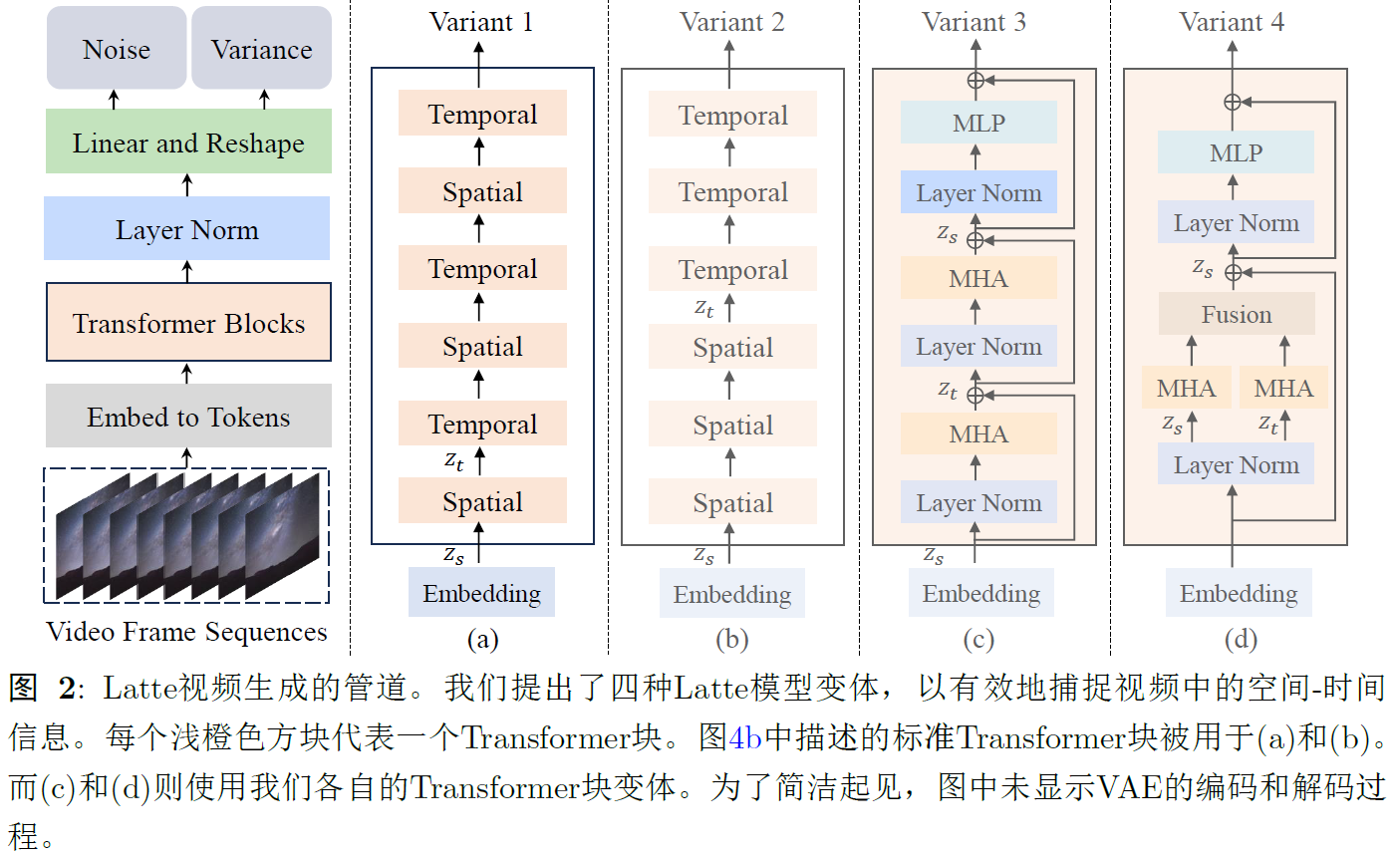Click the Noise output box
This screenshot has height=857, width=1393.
tap(117, 50)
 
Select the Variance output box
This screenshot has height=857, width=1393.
tap(261, 50)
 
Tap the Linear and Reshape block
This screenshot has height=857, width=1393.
tap(188, 143)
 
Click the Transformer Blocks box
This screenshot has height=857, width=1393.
tap(188, 323)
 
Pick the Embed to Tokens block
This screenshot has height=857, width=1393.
tap(188, 417)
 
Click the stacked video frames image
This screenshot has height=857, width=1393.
tap(186, 535)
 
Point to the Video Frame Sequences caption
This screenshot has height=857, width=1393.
tap(186, 632)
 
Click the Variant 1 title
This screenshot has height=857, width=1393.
tap(481, 22)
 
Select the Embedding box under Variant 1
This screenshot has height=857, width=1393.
tap(481, 594)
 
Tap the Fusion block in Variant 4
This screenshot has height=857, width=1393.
tap(1237, 315)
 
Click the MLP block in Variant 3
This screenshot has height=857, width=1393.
tap(978, 124)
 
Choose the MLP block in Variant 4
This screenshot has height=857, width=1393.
tap(1236, 153)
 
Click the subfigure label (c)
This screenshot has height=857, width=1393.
tap(977, 639)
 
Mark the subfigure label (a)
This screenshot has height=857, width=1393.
tap(481, 639)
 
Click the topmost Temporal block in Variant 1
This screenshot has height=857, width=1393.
tap(482, 115)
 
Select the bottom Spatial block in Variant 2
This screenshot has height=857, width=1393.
tap(733, 503)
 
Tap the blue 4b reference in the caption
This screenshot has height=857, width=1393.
tap(745, 738)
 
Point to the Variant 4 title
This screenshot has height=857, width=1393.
tap(1232, 22)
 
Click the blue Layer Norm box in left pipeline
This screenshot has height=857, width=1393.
tap(187, 230)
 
